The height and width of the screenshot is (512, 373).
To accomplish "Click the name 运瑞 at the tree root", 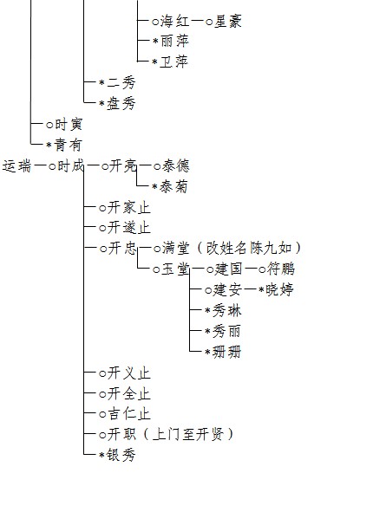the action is (x=16, y=166).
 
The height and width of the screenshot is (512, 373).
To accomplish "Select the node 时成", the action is (x=71, y=166).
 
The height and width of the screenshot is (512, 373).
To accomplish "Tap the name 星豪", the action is (x=228, y=22).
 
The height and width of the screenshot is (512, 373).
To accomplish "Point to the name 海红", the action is (x=175, y=22).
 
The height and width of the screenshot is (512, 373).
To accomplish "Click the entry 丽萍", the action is (x=175, y=41).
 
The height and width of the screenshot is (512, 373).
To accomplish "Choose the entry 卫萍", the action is (x=173, y=62).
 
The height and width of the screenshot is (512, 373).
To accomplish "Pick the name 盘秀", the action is (x=121, y=103).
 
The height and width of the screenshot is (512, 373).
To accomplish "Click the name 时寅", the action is (x=69, y=124).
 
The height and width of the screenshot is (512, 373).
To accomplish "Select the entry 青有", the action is (x=68, y=145).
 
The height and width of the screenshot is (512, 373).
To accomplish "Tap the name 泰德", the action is (x=175, y=166).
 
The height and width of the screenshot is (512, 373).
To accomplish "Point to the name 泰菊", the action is (x=173, y=186).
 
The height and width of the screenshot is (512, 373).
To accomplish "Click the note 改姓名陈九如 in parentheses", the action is (x=249, y=248).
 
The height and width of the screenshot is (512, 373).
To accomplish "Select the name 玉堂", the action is (x=175, y=269).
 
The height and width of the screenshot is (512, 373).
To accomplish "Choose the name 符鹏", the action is (x=281, y=269).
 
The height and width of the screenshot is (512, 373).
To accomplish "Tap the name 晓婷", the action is (x=279, y=289).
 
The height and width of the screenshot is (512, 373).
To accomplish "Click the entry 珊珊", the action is (x=227, y=352).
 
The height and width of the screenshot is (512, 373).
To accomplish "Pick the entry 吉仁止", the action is (x=128, y=414).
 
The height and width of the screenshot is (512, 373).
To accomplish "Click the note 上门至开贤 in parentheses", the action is (x=188, y=435).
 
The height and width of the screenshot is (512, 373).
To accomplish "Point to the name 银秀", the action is (x=121, y=455).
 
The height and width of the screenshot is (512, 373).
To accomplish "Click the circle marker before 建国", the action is (x=210, y=269).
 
